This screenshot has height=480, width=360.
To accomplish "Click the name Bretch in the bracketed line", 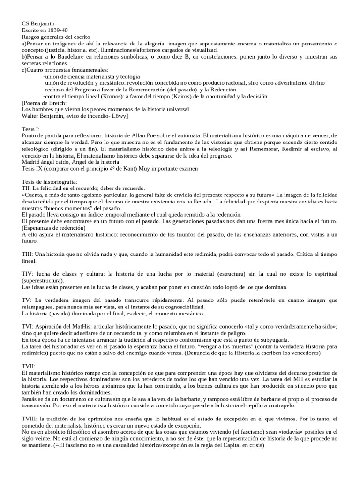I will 57,103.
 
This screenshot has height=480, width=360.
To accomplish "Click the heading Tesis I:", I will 31,129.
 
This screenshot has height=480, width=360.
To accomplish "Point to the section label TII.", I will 26,188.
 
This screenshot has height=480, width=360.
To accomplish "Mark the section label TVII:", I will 29,365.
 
